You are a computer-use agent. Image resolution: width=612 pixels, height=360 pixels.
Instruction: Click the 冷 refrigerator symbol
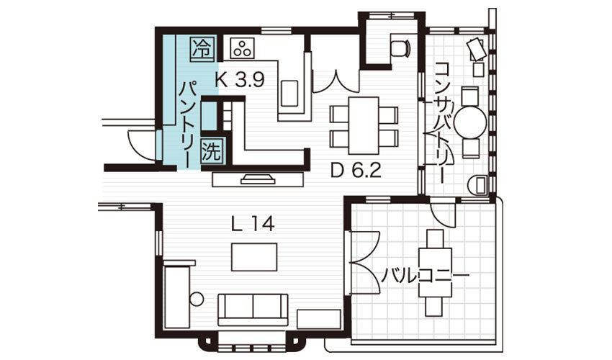(202, 49)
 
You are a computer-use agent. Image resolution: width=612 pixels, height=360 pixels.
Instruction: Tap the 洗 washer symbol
(212, 150)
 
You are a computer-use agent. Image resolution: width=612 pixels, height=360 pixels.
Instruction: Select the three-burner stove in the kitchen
(243, 49)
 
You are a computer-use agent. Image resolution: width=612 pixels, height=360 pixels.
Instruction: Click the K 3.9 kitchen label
(240, 80)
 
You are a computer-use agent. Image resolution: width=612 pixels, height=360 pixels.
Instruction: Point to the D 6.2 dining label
(356, 171)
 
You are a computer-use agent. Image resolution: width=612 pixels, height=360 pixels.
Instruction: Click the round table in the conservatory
(470, 122)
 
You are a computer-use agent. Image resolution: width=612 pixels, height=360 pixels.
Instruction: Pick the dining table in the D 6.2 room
(364, 125)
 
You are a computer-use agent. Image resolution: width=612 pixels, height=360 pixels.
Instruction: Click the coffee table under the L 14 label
(254, 257)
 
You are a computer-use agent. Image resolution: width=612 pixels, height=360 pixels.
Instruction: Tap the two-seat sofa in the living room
(253, 310)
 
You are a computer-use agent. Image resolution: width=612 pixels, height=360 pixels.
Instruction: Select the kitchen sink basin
(289, 93)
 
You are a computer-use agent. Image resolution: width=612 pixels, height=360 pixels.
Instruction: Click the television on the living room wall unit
(258, 179)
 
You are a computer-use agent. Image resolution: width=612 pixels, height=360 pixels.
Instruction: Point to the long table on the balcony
(435, 273)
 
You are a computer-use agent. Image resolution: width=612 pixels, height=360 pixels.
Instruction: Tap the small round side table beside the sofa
(197, 300)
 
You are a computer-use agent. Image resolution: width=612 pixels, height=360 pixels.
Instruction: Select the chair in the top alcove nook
(400, 48)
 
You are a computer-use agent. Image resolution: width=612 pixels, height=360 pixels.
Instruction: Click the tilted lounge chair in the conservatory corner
(477, 49)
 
